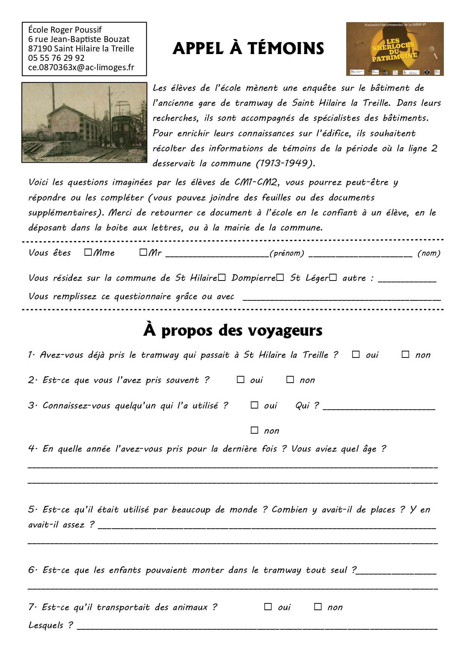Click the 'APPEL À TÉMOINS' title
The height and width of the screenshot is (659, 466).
pyautogui.click(x=248, y=48)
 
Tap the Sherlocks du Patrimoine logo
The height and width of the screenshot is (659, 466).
pyautogui.click(x=395, y=49)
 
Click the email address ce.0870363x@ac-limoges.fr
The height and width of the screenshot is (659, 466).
pyautogui.click(x=81, y=68)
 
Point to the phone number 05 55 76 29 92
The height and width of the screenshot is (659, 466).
pyautogui.click(x=56, y=58)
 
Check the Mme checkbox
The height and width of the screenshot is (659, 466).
pyautogui.click(x=88, y=252)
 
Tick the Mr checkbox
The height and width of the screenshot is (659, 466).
pyautogui.click(x=143, y=252)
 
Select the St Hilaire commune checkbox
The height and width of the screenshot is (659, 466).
pyautogui.click(x=222, y=277)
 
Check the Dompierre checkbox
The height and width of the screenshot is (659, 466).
pyautogui.click(x=280, y=277)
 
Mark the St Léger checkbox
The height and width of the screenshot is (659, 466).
pyautogui.click(x=333, y=277)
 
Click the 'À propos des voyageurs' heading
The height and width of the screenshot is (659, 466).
pyautogui.click(x=233, y=330)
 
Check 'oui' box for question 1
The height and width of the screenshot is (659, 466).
pyautogui.click(x=356, y=354)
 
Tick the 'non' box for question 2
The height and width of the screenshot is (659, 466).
pyautogui.click(x=290, y=380)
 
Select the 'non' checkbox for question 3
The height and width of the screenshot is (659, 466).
pyautogui.click(x=254, y=430)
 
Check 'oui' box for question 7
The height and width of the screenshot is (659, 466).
pyautogui.click(x=268, y=607)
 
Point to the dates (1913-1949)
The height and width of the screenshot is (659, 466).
pyautogui.click(x=285, y=164)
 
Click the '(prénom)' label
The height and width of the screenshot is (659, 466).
pyautogui.click(x=287, y=253)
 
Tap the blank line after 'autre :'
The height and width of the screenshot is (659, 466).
pyautogui.click(x=407, y=279)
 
